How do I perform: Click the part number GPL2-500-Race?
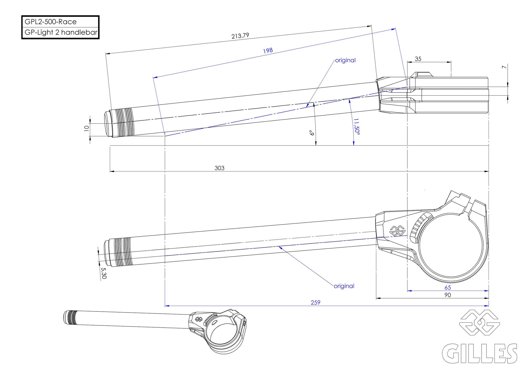[50, 22]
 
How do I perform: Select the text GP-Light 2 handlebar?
[61, 32]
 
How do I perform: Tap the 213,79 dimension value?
[240, 36]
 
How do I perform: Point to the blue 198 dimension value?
[268, 50]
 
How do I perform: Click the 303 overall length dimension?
[219, 168]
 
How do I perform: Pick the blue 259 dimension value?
[315, 303]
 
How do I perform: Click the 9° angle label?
[312, 133]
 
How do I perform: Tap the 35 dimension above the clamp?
[418, 59]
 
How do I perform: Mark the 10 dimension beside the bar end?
[86, 128]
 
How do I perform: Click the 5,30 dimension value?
[104, 273]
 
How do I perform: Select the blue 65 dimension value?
[448, 287]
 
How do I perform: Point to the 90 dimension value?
[448, 295]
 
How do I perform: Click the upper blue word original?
[345, 60]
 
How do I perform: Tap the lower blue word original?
[344, 286]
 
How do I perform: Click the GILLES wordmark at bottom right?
[479, 353]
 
